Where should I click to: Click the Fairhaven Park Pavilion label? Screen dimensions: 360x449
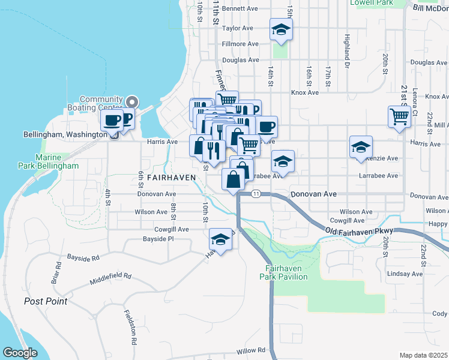(283, 272)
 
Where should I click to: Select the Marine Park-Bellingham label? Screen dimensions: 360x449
(56, 161)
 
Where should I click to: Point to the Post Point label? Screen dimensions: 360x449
(46, 301)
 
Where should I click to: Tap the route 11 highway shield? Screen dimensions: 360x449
(256, 194)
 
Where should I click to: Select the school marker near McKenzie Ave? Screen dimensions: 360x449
(361, 146)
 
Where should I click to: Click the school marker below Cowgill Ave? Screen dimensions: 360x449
(221, 240)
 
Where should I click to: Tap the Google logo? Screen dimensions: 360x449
(20, 352)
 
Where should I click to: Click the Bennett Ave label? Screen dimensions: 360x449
(240, 9)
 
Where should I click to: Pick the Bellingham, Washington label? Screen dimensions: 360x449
(65, 134)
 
